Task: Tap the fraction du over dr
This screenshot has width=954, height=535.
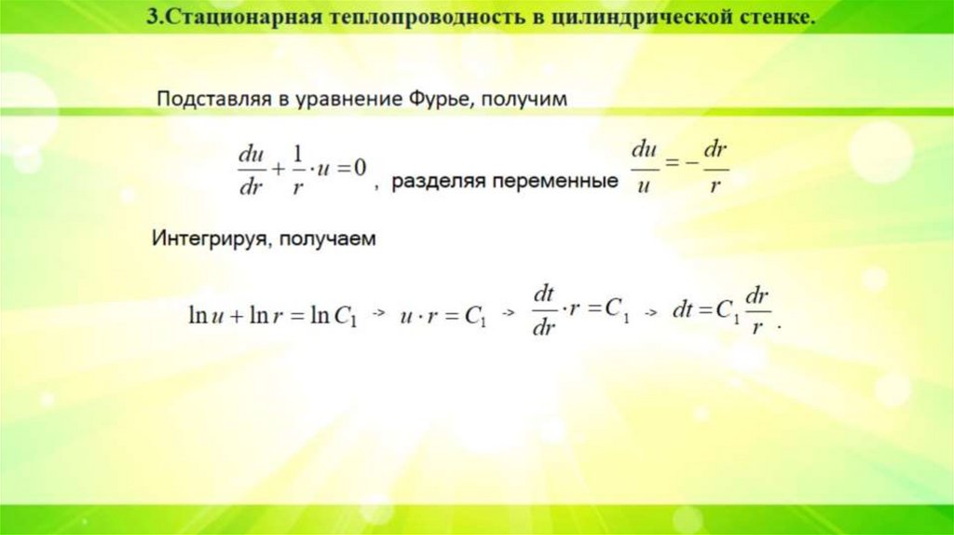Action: (250, 168)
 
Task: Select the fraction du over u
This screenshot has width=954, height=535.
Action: (643, 167)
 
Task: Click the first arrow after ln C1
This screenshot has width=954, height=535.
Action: (378, 316)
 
